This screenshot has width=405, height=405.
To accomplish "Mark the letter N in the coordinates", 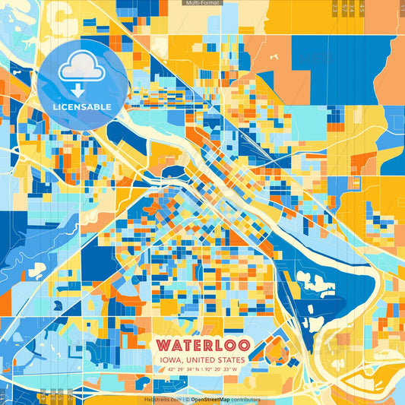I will click(x=195, y=369).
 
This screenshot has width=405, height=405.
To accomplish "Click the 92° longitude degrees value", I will click(x=207, y=369).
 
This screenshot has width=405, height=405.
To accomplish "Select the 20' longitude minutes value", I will click(x=217, y=369).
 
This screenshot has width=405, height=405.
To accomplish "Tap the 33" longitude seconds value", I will click(x=227, y=369).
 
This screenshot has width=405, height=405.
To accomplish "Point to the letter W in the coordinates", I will click(x=236, y=369).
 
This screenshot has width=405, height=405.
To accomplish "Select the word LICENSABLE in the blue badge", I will click(x=81, y=106).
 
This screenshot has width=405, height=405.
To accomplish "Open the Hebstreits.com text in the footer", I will click(x=161, y=399).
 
